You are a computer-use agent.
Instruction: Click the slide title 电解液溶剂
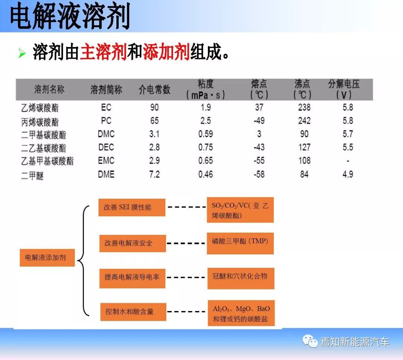[70, 16]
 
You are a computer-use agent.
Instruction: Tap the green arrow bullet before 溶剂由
[22, 53]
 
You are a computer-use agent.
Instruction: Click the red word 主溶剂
[103, 52]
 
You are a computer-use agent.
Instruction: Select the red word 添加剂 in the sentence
[166, 52]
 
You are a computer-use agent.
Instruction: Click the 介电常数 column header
[154, 90]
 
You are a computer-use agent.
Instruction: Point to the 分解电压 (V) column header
[344, 89]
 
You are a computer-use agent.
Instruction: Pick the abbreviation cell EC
[106, 107]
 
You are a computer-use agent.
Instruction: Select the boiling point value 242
[304, 121]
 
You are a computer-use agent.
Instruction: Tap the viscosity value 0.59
[206, 134]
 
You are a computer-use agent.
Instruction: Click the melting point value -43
[259, 148]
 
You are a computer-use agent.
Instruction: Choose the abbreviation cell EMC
[106, 161]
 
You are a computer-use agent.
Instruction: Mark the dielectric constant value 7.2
[154, 174]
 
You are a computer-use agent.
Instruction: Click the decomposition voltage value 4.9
[348, 174]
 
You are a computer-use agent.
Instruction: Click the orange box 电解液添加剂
[47, 258]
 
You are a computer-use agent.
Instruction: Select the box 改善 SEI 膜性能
[132, 207]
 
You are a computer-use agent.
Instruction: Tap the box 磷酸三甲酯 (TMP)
[240, 243]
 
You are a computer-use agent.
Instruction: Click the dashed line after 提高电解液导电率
[185, 277]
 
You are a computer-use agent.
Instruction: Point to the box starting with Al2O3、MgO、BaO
[241, 313]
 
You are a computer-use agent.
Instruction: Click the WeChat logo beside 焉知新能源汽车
[310, 341]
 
